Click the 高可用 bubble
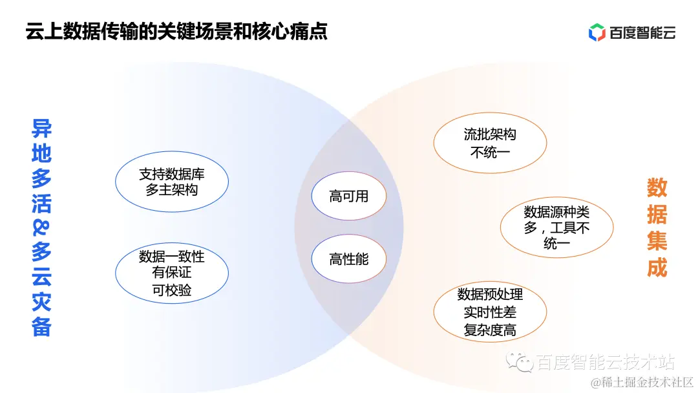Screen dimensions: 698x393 (x=349, y=197)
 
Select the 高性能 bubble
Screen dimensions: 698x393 (x=349, y=259)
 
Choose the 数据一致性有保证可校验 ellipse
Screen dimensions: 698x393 (x=172, y=273)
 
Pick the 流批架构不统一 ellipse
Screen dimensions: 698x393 (x=490, y=143)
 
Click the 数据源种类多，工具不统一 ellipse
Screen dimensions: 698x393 (x=556, y=228)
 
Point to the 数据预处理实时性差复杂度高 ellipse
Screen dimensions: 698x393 (x=490, y=312)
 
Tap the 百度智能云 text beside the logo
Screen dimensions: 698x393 (x=642, y=32)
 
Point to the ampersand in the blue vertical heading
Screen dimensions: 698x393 (x=41, y=228)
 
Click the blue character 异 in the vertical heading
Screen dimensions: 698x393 (x=41, y=129)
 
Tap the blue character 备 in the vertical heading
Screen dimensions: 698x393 (x=41, y=326)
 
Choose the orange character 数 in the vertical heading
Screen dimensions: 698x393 (x=657, y=188)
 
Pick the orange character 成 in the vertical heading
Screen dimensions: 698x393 (x=657, y=268)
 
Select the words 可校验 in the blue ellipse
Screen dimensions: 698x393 (x=172, y=290)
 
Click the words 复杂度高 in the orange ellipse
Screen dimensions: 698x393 (x=490, y=330)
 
